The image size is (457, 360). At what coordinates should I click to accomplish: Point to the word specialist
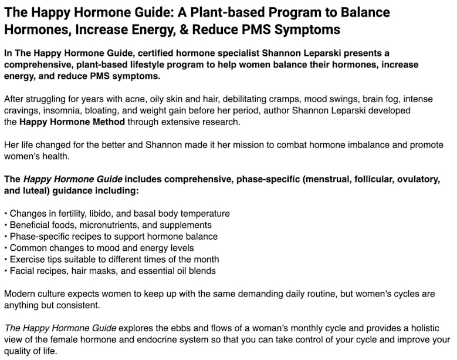[x=257, y=53]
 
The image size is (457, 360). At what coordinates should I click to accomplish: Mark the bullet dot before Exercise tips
[x=6, y=260]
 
